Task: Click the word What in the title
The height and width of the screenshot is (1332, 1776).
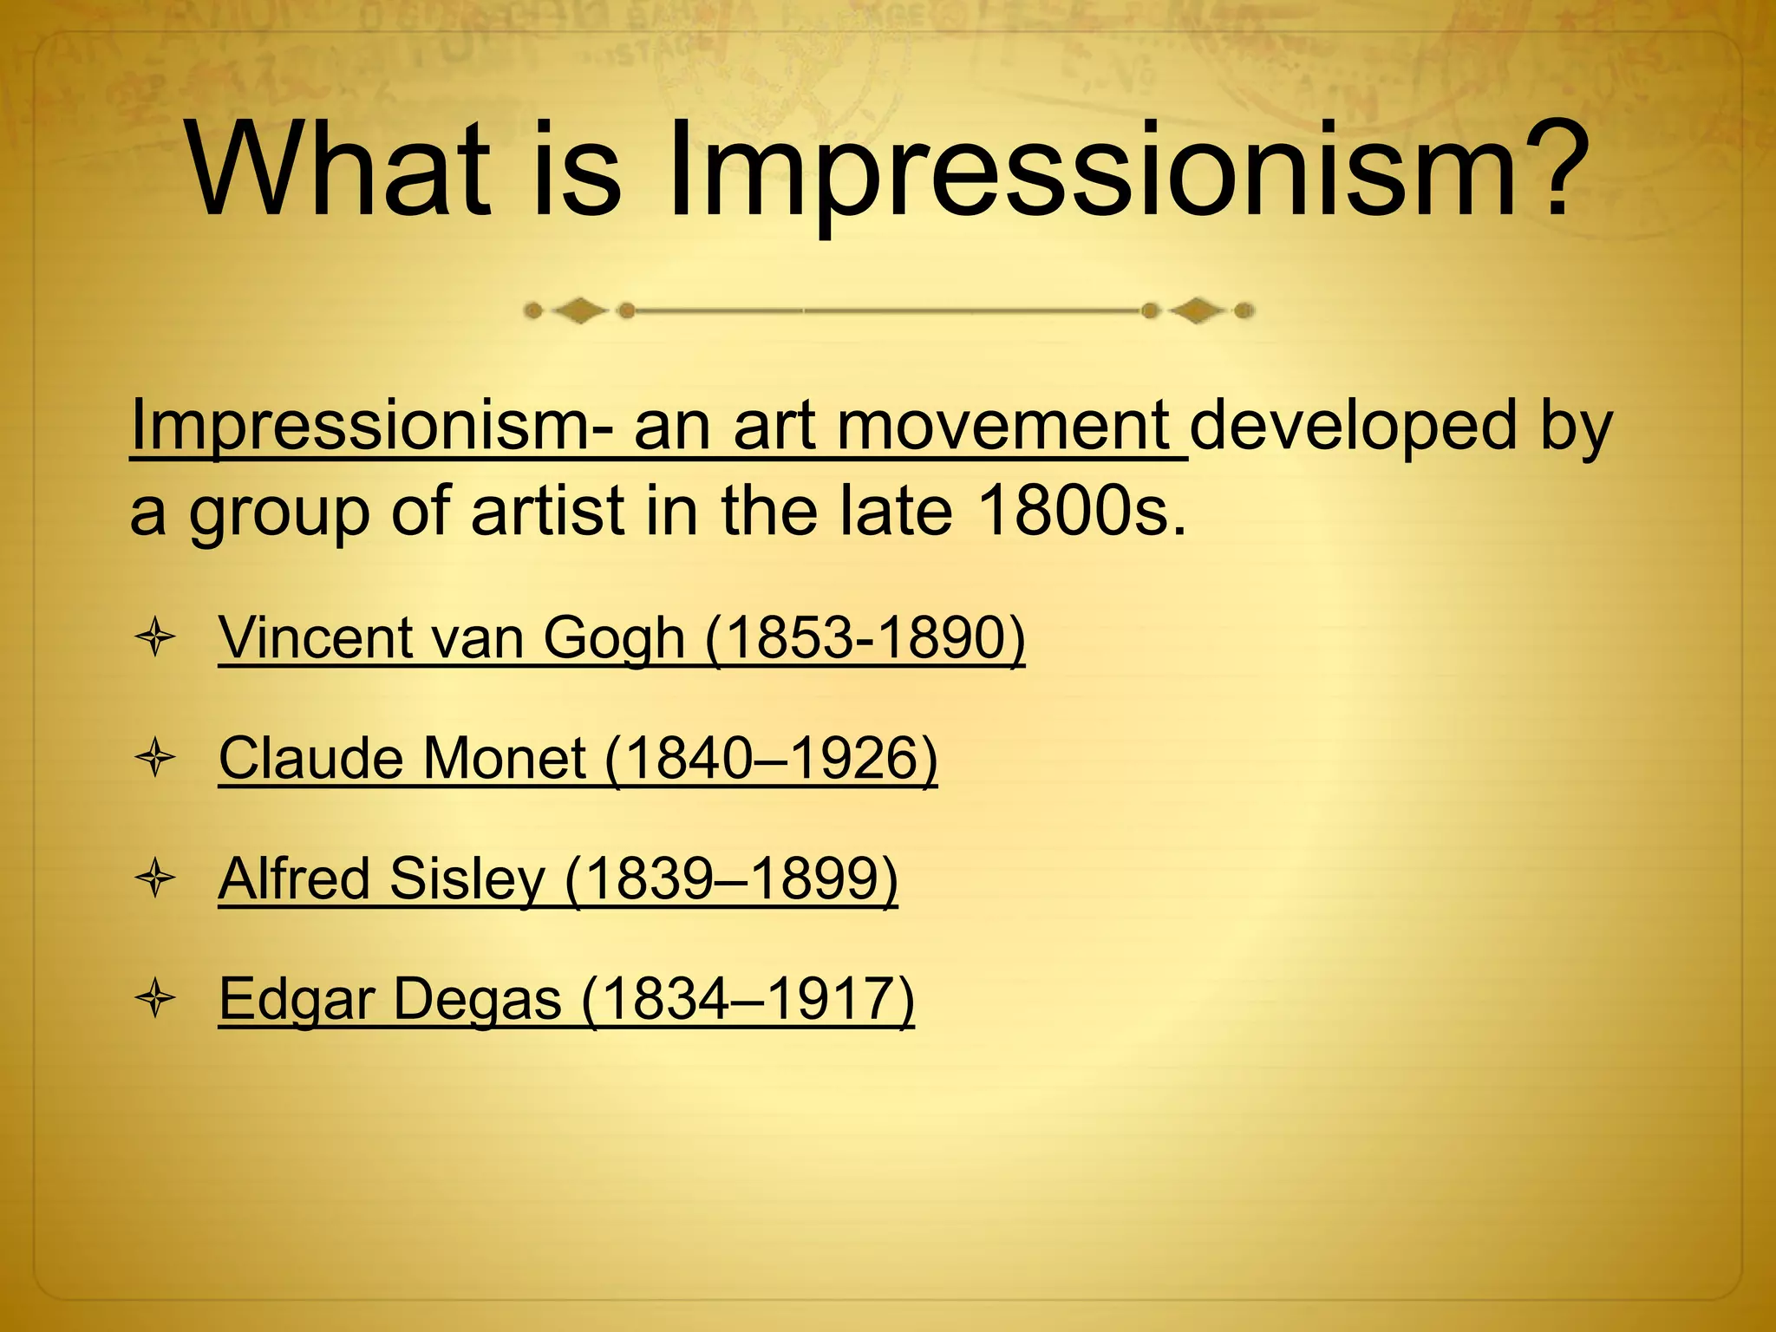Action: coord(338,171)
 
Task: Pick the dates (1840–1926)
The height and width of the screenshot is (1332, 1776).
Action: coord(772,759)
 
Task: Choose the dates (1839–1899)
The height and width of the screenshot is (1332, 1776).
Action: coord(732,879)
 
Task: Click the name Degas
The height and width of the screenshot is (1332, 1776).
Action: coord(477,1000)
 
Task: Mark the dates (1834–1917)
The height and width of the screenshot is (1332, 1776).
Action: coord(748,1000)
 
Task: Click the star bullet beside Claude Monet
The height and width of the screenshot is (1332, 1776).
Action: coord(156,759)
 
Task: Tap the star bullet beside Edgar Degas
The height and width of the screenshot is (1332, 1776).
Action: coord(156,1000)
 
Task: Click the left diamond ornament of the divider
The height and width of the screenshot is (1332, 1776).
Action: coord(579,310)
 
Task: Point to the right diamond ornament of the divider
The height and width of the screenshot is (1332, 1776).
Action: coord(1198,310)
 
